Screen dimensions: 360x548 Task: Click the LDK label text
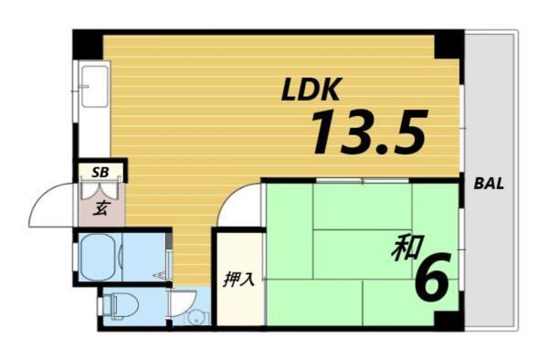(x=311, y=90)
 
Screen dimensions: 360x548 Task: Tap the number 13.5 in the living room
(x=369, y=132)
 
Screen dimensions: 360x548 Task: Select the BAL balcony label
(x=489, y=183)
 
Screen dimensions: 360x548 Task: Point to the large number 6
(x=431, y=279)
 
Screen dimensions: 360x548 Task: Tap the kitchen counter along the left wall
(x=92, y=119)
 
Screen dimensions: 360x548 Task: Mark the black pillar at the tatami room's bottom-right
(x=448, y=320)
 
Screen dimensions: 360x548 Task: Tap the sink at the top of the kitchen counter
(x=93, y=80)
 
